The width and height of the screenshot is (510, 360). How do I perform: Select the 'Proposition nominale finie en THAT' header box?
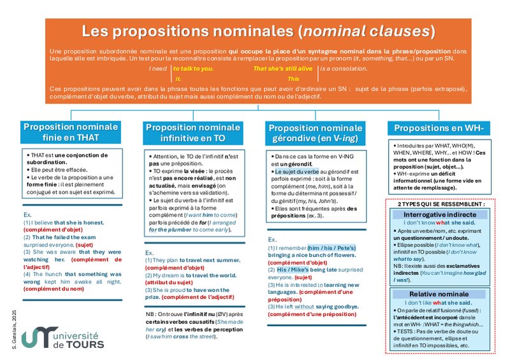coord(70,131)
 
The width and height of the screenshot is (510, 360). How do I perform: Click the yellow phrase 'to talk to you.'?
coord(194,68)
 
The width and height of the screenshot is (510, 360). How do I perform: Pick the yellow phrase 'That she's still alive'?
coord(283,68)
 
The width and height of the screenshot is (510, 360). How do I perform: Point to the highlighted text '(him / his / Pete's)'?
coord(331,247)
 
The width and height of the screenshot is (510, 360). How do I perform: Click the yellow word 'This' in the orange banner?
coord(293,78)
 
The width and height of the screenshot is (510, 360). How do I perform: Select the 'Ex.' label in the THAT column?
coord(27,215)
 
